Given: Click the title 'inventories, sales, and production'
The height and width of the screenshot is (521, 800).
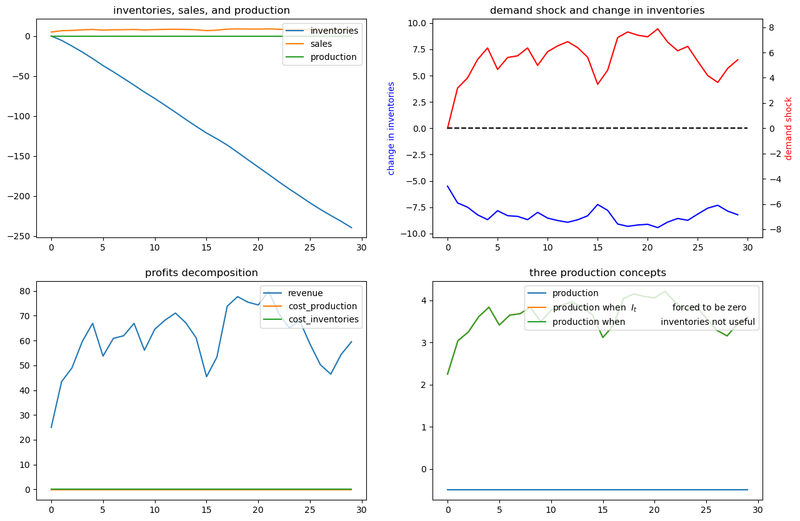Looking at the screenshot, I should point(201,11).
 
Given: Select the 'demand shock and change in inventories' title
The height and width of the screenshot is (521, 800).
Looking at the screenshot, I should point(597,11).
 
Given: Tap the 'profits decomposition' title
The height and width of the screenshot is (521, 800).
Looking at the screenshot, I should point(201,273).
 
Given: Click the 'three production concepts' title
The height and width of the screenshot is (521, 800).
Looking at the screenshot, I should point(597,273).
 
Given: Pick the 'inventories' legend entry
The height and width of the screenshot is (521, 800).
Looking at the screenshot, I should point(334,31).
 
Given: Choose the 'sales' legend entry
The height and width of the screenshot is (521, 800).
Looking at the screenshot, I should point(321,44).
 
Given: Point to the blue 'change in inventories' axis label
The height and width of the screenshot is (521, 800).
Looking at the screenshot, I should point(392,128).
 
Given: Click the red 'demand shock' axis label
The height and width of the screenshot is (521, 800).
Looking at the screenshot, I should point(789,128).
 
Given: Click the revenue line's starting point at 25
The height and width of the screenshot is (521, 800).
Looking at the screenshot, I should point(51,427).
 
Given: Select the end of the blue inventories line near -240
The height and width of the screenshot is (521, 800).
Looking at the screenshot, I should point(351,227).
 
